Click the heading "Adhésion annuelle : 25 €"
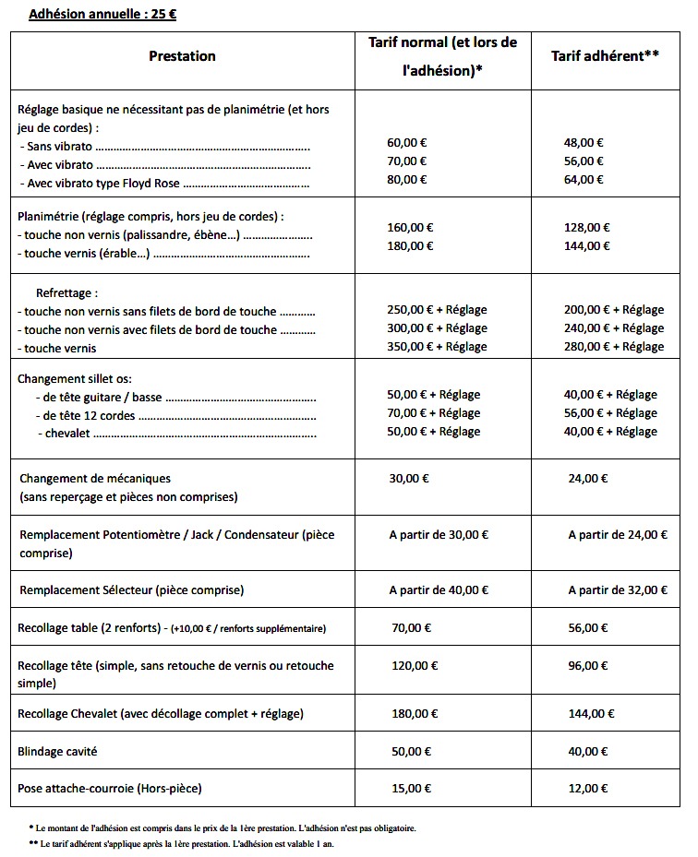coord(102,16)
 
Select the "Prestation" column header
coord(182,56)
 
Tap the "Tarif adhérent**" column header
coord(604,56)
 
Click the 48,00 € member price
coord(584,143)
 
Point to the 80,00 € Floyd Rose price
coord(406,180)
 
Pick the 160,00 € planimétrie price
coord(410,228)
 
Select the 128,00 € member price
coord(586,228)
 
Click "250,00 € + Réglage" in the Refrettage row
coord(437,310)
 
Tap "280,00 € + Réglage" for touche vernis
coord(613,347)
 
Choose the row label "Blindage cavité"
coord(57,752)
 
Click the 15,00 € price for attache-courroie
coord(411,789)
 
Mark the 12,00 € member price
coord(587,789)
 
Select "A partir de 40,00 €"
coord(439,589)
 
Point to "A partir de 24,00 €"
coord(617,534)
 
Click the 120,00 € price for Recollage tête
coord(415,665)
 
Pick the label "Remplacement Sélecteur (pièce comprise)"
coord(131,589)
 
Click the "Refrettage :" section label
coord(66,292)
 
